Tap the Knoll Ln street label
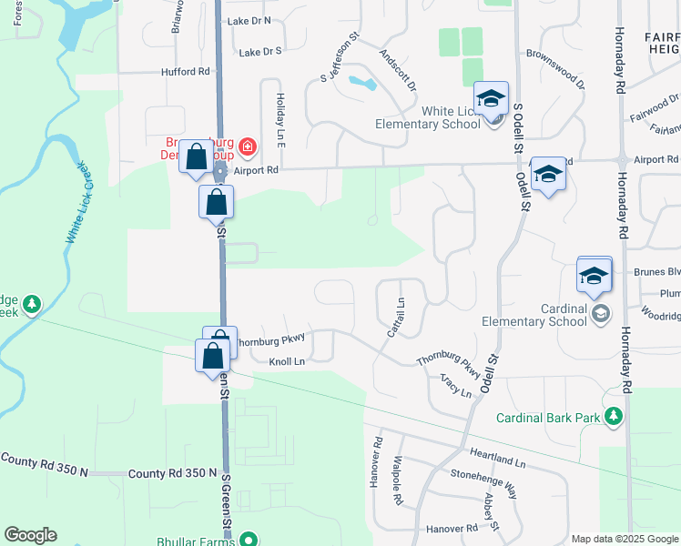[x=285, y=361]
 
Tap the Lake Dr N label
[x=250, y=20]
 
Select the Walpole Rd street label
[x=398, y=480]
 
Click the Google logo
[x=30, y=535]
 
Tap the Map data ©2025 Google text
[x=625, y=539]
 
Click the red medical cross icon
[x=248, y=146]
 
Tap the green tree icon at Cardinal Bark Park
[x=615, y=417]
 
